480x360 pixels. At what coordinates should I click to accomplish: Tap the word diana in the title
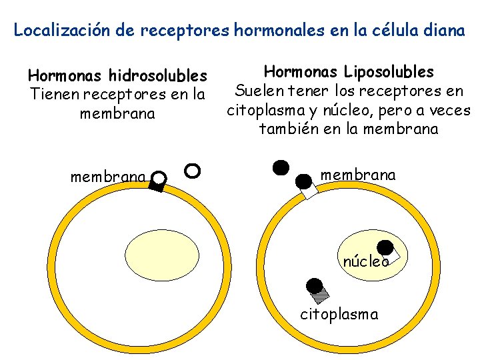[443, 30]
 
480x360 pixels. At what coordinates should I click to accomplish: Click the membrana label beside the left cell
[109, 177]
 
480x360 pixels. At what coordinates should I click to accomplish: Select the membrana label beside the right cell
[358, 175]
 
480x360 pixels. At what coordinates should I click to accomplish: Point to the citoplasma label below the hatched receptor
[339, 313]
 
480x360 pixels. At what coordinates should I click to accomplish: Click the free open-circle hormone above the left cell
[192, 171]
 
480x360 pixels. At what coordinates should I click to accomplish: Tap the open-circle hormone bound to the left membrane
[159, 177]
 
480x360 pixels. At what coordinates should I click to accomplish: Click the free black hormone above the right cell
[281, 167]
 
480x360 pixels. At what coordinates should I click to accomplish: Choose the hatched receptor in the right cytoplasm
[321, 291]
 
